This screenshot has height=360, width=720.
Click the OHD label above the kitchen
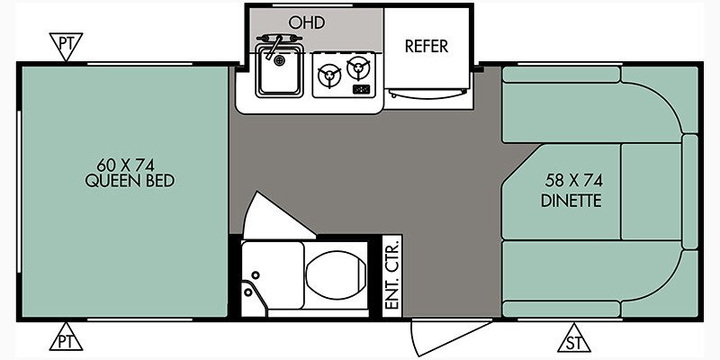[x=307, y=22]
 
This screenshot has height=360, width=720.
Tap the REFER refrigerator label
[x=426, y=47]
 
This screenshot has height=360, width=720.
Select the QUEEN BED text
[x=130, y=181]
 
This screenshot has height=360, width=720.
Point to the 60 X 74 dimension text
[x=125, y=165]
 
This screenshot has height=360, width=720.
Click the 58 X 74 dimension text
[x=574, y=181]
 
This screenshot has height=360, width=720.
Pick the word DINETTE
[x=571, y=201]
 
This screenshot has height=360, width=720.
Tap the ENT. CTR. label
[x=392, y=275]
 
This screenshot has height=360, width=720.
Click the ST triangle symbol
[x=573, y=338]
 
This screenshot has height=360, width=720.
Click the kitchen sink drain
[x=279, y=59]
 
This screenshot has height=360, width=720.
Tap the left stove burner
[x=329, y=75]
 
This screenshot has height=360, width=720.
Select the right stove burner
[x=358, y=68]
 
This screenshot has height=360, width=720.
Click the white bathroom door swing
[x=278, y=216]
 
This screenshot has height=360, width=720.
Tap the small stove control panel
[x=361, y=89]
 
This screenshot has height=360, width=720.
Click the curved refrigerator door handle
[x=427, y=94]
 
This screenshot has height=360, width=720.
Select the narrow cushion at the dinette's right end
[x=689, y=192]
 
